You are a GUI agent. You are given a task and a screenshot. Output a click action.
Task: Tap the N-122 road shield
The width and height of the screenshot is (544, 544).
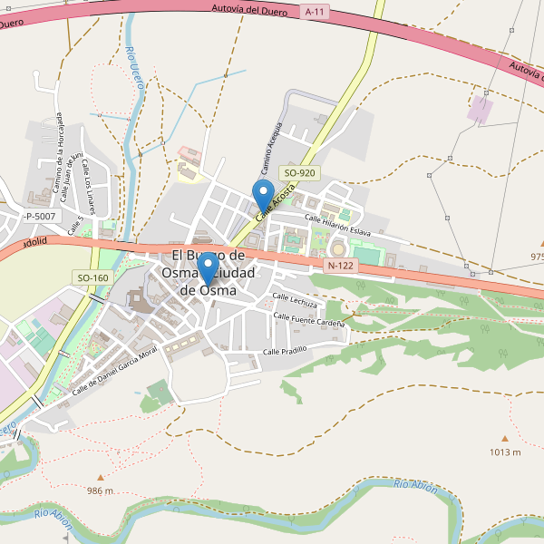click(x=339, y=266)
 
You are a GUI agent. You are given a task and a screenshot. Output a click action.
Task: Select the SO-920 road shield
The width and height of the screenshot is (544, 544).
click(x=299, y=172)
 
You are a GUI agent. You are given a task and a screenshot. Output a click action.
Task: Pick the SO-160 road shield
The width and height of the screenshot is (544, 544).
click(x=92, y=277)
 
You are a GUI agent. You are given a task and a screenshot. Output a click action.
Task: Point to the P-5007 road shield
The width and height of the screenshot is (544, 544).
click(x=40, y=216)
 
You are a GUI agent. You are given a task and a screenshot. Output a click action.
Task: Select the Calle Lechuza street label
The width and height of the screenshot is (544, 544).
click(x=296, y=302)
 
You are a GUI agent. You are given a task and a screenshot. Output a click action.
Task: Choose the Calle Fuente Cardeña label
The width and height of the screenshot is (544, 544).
click(x=309, y=319)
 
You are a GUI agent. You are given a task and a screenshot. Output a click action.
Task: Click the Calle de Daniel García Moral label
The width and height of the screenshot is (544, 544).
click(x=115, y=369)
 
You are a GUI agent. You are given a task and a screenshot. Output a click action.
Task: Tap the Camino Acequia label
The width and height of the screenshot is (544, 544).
click(x=272, y=148)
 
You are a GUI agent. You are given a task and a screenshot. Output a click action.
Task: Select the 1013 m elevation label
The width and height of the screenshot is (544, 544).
click(x=505, y=452)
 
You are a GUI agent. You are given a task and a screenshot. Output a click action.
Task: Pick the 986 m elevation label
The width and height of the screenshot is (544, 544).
click(x=101, y=491)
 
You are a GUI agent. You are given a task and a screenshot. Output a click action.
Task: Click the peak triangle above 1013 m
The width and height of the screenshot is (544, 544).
click(x=504, y=438)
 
